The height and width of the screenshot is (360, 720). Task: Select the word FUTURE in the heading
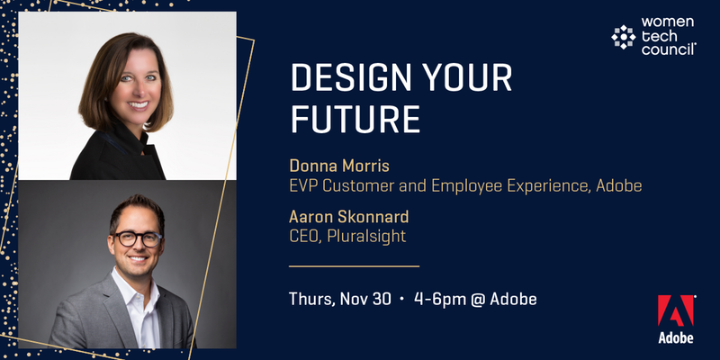coord(355,119)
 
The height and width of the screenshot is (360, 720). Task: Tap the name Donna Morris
coord(339,166)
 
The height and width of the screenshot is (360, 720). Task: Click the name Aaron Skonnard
coord(349,216)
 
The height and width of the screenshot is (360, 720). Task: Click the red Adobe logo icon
coord(676,310)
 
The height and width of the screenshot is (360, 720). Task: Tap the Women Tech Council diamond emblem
coord(624,37)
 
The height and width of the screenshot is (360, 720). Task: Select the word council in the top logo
coord(669,49)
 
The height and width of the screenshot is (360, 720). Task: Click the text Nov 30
coord(365,300)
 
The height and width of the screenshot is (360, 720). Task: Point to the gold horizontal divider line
coord(354,265)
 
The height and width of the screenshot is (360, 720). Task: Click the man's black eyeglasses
coord(138,238)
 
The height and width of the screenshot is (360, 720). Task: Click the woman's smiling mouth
coord(138,104)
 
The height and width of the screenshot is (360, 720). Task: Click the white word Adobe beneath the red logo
coord(676,338)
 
